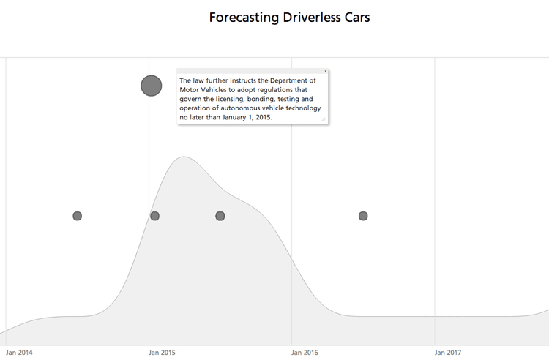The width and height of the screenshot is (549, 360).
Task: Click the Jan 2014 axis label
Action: click(19, 353)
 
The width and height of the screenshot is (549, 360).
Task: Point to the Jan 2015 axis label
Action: click(162, 353)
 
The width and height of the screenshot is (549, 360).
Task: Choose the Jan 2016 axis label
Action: click(305, 353)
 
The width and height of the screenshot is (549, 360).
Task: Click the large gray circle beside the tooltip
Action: click(151, 86)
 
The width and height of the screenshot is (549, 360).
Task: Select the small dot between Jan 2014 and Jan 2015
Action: click(77, 216)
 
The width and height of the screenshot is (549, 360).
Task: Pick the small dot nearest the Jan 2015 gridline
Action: click(154, 216)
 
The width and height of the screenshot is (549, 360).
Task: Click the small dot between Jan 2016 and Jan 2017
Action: click(363, 216)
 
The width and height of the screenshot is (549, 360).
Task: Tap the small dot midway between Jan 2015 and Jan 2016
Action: click(220, 216)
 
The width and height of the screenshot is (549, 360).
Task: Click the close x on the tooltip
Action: click(325, 71)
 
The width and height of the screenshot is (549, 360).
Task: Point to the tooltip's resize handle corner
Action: click(323, 119)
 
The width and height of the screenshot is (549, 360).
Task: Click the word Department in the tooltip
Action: click(291, 80)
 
